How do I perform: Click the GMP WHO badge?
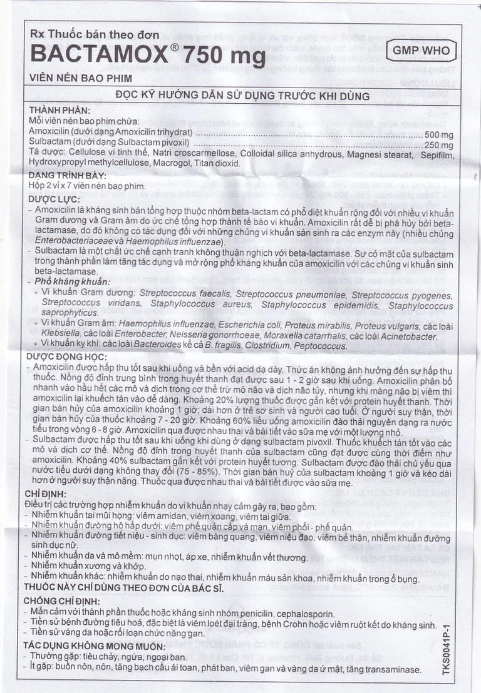(422, 51)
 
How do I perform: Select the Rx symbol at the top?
(38, 35)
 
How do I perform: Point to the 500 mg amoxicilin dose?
(439, 134)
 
